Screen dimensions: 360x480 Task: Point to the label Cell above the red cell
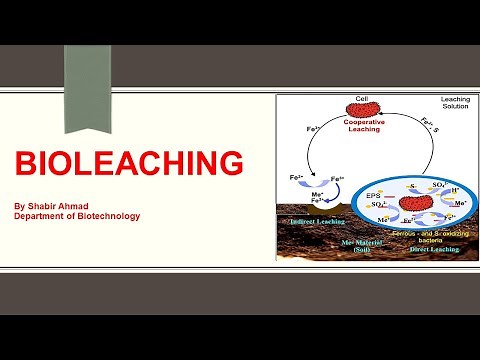(363, 98)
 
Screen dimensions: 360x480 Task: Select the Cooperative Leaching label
(364, 124)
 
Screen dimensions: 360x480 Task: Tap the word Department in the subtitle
(41, 216)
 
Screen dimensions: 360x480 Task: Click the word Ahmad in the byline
(81, 204)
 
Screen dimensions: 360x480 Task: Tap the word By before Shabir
(19, 204)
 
